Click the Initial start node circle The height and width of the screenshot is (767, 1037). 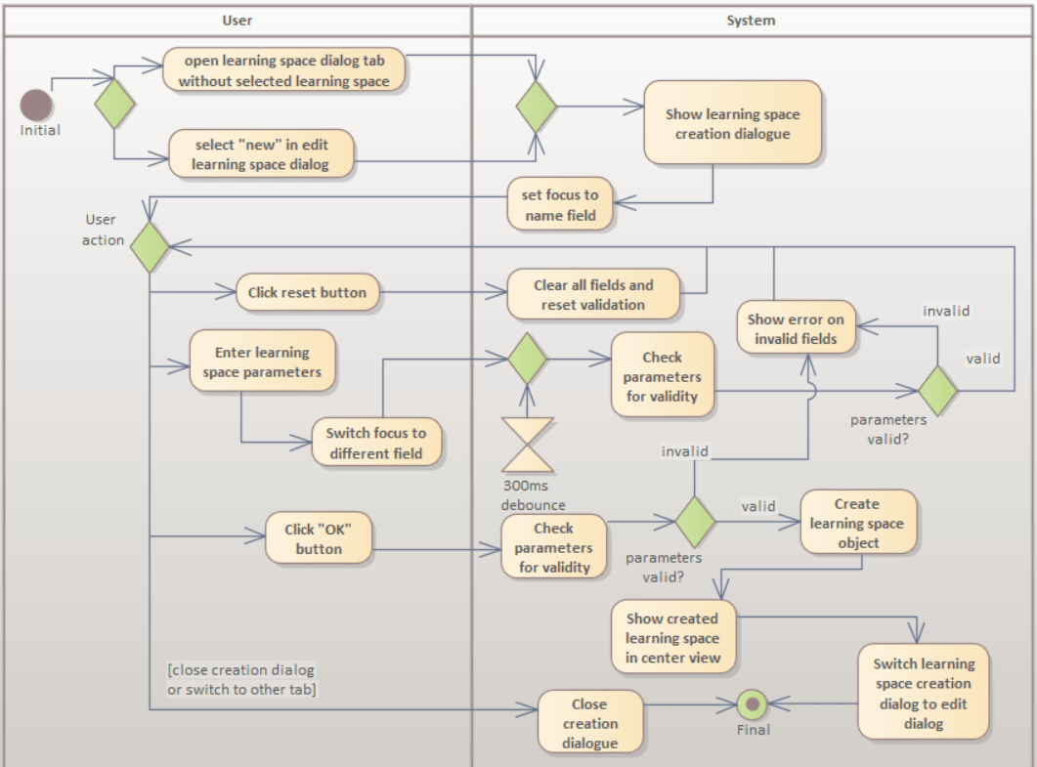[36, 104]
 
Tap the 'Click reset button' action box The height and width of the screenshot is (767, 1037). [308, 292]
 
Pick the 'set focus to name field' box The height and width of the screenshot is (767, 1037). [561, 205]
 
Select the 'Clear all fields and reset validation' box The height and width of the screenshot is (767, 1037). [593, 294]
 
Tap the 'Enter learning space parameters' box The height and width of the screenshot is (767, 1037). [262, 362]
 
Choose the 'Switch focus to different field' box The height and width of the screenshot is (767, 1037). [376, 443]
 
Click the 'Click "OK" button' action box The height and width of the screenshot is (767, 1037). [320, 539]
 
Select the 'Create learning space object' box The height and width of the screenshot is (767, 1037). [857, 524]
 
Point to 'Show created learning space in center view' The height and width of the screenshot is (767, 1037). [672, 638]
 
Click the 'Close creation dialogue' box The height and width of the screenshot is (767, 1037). [590, 723]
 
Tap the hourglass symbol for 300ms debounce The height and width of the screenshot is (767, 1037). [527, 446]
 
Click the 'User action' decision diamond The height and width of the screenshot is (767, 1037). [149, 247]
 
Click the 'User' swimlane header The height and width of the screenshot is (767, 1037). [238, 20]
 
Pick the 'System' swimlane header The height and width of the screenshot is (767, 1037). [751, 20]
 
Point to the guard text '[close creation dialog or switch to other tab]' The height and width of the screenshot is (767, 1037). [241, 679]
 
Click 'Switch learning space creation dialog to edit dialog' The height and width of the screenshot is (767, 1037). [923, 693]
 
